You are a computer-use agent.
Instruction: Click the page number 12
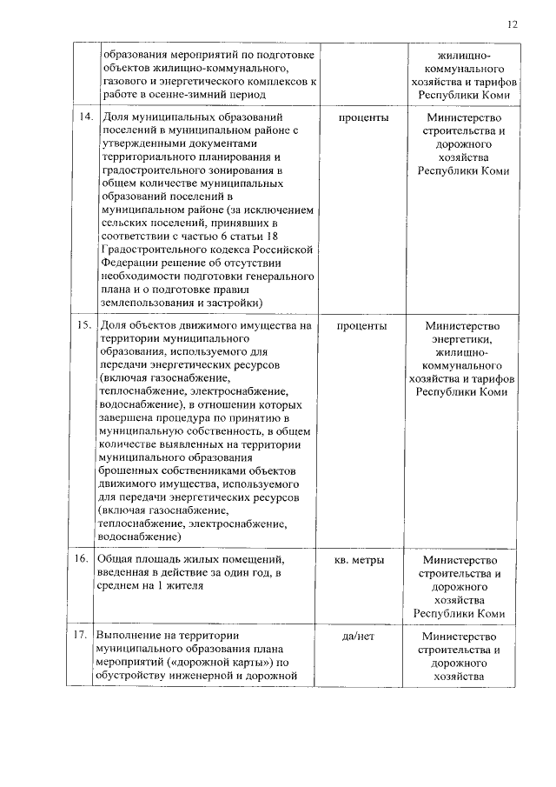513,24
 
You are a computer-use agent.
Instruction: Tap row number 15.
85,326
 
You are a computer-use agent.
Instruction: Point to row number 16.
85,559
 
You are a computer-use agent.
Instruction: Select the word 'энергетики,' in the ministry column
462,339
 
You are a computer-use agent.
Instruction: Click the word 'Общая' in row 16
114,559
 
